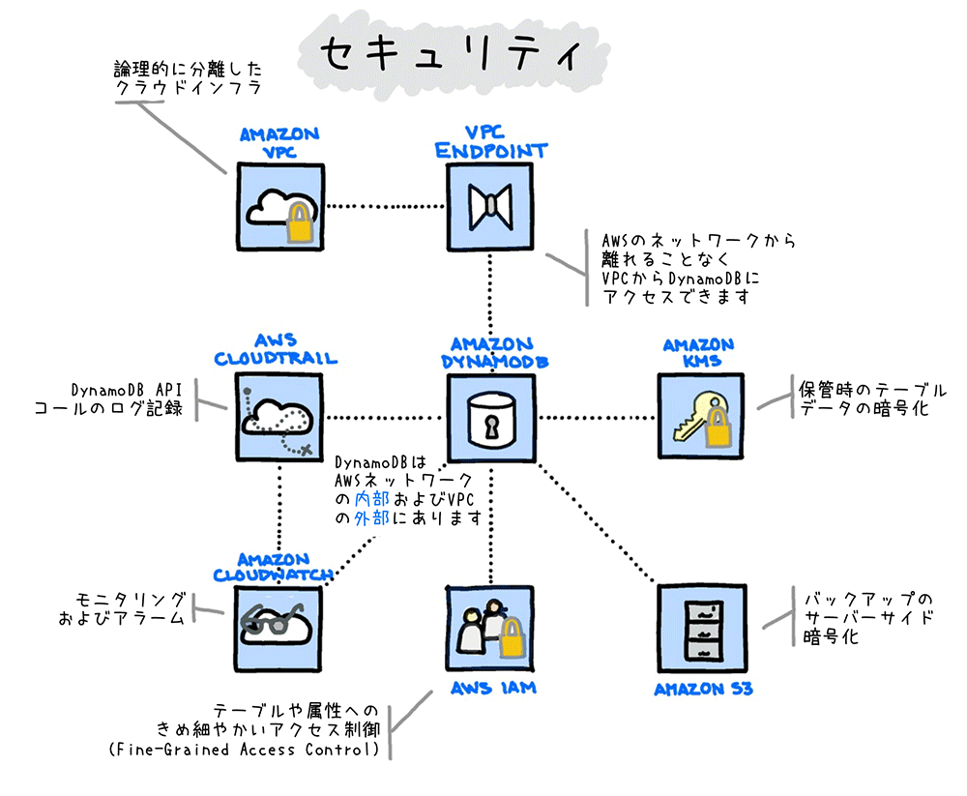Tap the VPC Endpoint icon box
[x=490, y=206]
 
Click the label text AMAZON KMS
[x=698, y=353]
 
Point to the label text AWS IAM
[x=493, y=688]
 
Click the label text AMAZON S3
[x=703, y=690]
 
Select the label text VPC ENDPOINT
[x=491, y=141]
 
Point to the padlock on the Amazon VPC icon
[x=301, y=222]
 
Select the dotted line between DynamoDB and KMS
[x=595, y=418]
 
